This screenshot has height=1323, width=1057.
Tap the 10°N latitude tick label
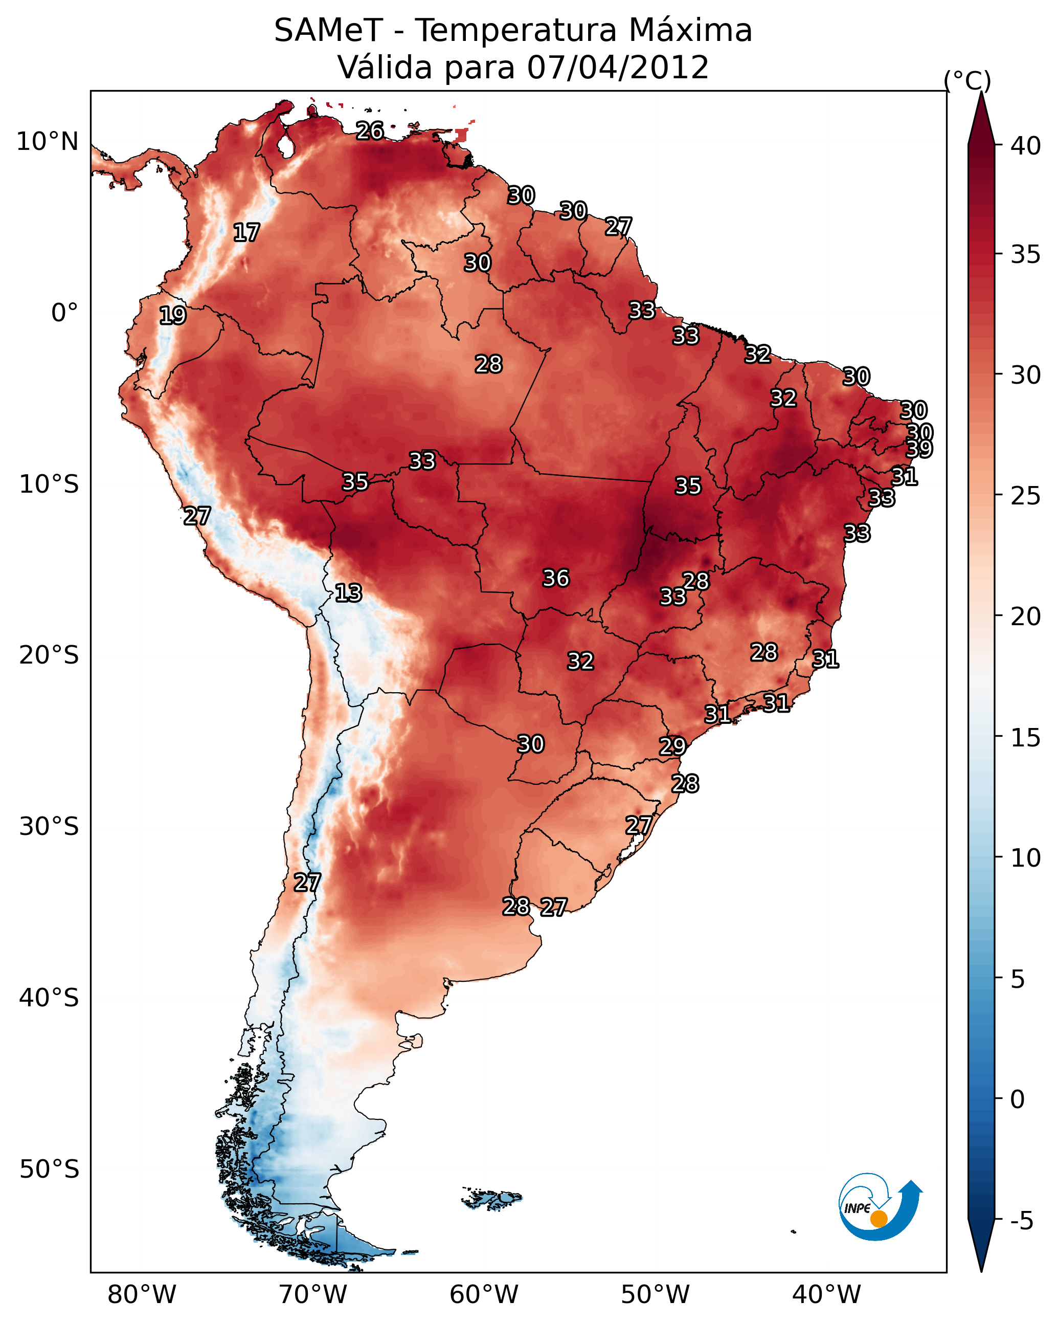47,142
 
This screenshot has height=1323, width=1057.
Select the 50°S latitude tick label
49,1170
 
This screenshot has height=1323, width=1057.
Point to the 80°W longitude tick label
142,1295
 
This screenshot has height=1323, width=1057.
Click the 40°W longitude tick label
826,1295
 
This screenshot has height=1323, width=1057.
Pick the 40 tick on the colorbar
1026,146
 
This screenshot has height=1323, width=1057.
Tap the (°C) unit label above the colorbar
968,80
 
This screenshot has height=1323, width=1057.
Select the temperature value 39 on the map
919,449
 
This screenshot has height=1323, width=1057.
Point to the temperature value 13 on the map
348,593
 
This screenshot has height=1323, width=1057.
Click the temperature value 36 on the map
556,578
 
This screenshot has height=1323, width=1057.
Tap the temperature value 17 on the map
246,233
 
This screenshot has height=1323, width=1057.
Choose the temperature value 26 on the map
370,130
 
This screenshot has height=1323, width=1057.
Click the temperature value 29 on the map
672,746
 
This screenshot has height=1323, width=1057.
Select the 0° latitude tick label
64,313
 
